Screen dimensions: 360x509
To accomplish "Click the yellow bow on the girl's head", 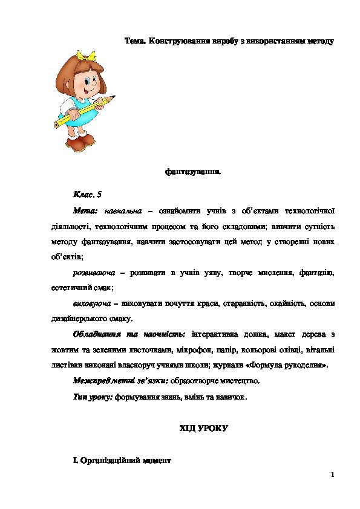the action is pos(90,55).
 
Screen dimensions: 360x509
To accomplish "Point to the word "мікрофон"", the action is pos(213,350).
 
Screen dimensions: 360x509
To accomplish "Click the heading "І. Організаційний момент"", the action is pos(122,461).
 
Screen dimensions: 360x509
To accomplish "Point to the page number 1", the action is pos(333,474).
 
